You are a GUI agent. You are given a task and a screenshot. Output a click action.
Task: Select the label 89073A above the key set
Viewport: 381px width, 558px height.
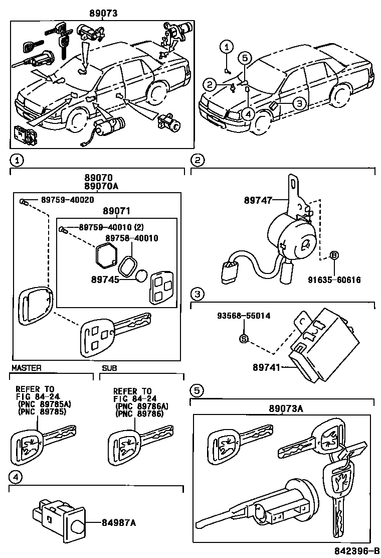[283, 408]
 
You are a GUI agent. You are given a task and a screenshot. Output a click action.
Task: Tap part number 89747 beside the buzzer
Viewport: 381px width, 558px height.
[258, 200]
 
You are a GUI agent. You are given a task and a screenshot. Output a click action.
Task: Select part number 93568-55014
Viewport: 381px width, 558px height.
[244, 316]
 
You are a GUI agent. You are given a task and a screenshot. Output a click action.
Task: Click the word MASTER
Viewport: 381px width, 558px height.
[26, 368]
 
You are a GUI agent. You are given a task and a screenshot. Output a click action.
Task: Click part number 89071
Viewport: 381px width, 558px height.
[116, 212]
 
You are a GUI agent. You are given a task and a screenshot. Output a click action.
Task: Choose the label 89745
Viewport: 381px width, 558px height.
[105, 279]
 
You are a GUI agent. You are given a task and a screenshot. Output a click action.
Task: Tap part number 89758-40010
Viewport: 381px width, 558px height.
[132, 238]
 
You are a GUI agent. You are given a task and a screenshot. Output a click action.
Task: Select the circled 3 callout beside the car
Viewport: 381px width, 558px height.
[298, 103]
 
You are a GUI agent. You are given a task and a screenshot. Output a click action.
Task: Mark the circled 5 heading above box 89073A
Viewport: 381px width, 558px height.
[197, 390]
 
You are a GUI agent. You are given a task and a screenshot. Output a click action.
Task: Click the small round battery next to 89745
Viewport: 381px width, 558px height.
[141, 276]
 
